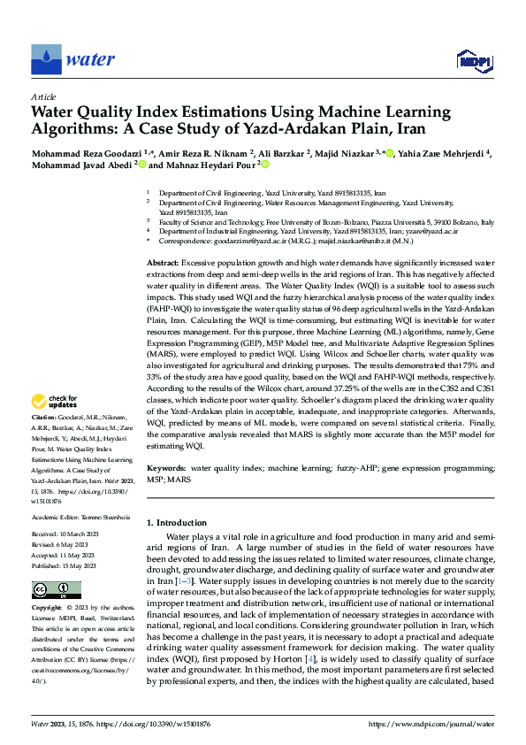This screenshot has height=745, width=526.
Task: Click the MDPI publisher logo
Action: tap(473, 60)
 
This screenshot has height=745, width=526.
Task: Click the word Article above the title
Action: tap(43, 96)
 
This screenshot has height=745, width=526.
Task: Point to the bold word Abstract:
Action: tap(163, 264)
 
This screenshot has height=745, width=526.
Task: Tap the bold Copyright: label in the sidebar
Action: tap(47, 609)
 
